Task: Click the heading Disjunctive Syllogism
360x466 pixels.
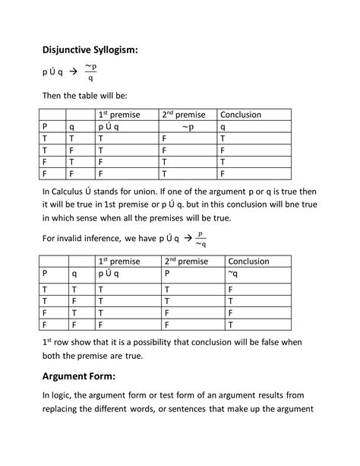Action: tap(90, 50)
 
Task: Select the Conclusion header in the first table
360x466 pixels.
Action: tap(241, 115)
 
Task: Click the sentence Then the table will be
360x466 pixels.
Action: tap(84, 97)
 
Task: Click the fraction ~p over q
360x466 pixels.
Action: tap(90, 71)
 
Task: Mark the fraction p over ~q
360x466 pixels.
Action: tap(200, 239)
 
